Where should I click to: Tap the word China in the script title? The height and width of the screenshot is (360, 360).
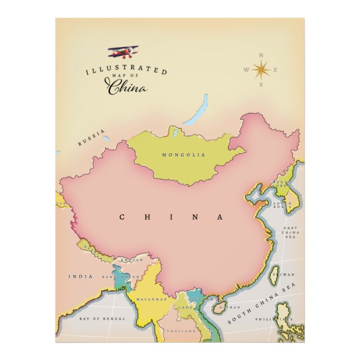(127, 87)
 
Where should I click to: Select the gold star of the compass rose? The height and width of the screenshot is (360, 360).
(260, 70)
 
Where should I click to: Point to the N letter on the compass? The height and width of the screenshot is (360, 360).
(260, 55)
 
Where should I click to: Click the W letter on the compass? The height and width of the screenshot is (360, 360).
(245, 70)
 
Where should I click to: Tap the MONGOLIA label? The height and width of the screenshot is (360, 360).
(183, 155)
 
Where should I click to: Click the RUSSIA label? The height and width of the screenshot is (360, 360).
(91, 138)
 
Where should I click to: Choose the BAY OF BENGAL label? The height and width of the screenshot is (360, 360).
(102, 319)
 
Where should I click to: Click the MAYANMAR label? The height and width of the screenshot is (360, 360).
(151, 300)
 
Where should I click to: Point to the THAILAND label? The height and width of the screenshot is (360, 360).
(181, 331)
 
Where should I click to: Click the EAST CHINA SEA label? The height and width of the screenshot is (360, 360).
(291, 233)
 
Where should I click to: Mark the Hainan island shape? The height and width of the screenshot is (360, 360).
(219, 307)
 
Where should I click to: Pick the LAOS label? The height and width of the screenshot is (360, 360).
(185, 307)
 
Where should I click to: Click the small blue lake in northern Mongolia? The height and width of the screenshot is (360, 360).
(174, 133)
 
